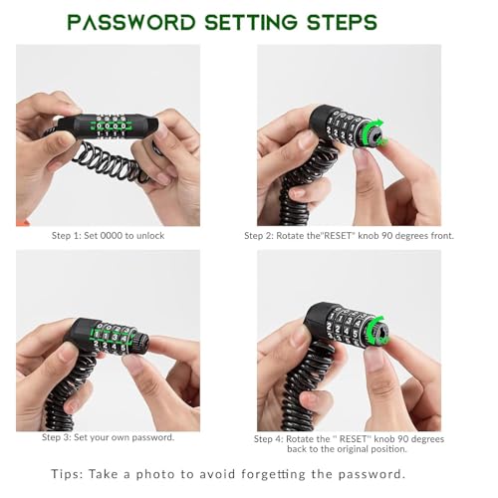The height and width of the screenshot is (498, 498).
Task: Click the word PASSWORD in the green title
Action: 131,22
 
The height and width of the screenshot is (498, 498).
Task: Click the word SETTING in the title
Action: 251,22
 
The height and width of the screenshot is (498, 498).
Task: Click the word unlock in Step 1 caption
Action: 150,236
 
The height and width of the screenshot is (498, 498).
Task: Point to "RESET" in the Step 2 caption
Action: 338,236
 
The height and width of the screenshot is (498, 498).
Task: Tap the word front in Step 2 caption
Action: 442,236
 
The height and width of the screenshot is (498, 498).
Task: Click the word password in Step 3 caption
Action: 152,437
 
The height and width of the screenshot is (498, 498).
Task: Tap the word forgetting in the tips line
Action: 273,475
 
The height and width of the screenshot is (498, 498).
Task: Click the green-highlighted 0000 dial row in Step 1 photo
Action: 112,126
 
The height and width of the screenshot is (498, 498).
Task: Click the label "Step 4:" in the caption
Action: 268,439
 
